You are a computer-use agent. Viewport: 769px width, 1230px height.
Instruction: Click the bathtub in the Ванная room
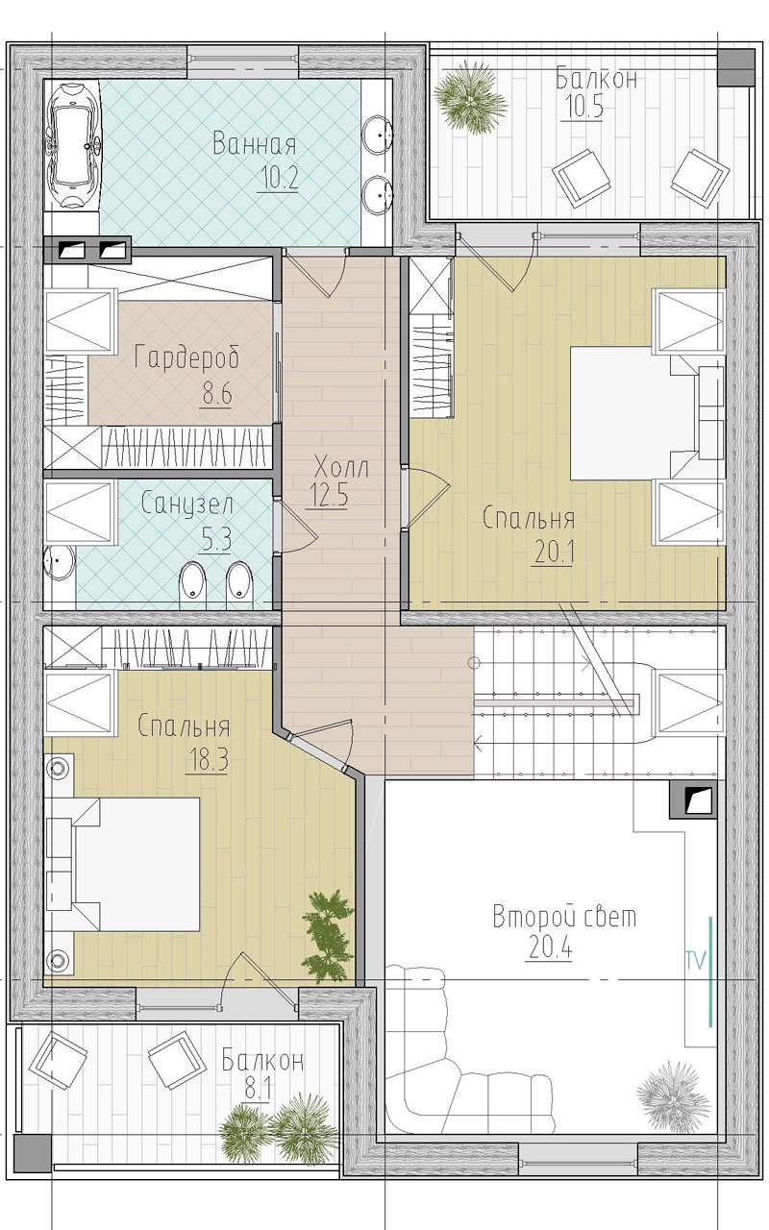click(x=73, y=144)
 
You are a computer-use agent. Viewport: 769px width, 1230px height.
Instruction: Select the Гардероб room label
click(x=186, y=358)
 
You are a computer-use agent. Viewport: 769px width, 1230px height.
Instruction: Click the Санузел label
click(x=187, y=504)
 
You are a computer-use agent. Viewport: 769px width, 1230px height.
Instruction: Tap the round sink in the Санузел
click(x=58, y=562)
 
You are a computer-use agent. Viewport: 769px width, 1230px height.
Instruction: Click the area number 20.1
click(x=553, y=553)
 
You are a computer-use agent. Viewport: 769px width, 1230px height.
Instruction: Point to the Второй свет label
click(x=564, y=918)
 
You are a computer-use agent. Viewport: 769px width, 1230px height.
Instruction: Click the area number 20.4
click(x=550, y=947)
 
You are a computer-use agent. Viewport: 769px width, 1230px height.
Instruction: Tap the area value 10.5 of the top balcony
click(x=583, y=107)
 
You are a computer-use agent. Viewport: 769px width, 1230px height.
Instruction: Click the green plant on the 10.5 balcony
click(x=470, y=97)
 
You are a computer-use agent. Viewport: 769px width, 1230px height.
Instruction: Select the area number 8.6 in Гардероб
click(x=217, y=394)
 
